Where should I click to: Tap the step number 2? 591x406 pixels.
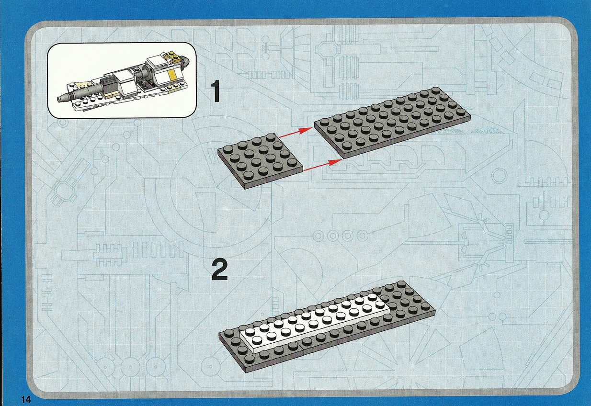[219, 271]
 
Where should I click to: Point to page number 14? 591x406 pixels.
[26, 399]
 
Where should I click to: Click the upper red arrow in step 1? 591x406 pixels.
[295, 133]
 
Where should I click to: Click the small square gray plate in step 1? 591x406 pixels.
[260, 161]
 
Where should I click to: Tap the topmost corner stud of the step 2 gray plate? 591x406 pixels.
[401, 284]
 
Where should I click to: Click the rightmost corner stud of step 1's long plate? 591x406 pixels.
[461, 112]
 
